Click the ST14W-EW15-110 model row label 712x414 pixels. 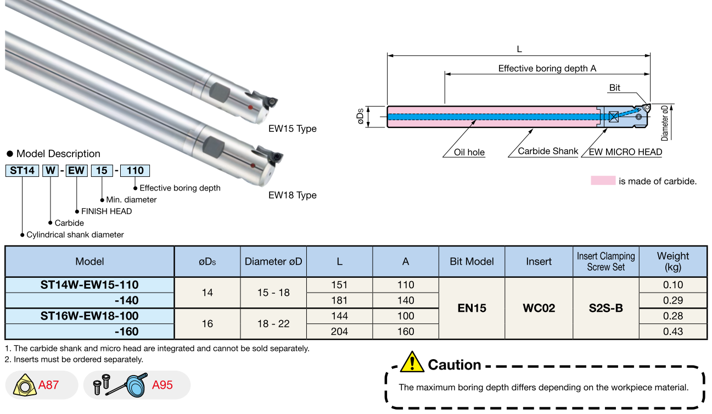(89, 285)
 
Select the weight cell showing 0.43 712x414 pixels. (672, 332)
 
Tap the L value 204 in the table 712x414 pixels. (339, 332)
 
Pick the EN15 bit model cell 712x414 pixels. (472, 308)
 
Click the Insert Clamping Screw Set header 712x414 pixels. (606, 261)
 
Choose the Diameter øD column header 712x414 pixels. (273, 261)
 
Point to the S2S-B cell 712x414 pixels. (606, 308)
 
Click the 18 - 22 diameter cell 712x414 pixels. (273, 324)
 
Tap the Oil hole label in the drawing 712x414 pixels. (469, 152)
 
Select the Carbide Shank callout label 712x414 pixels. (548, 151)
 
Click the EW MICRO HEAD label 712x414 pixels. (625, 152)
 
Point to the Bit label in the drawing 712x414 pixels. (615, 88)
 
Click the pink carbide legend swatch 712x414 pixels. (603, 181)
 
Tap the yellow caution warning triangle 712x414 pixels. (412, 362)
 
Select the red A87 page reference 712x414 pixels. (48, 385)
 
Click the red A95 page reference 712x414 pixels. (162, 385)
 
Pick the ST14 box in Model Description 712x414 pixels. (22, 170)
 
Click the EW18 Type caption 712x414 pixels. (292, 195)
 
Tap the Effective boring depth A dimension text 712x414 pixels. (547, 69)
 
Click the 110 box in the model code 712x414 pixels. (134, 170)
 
